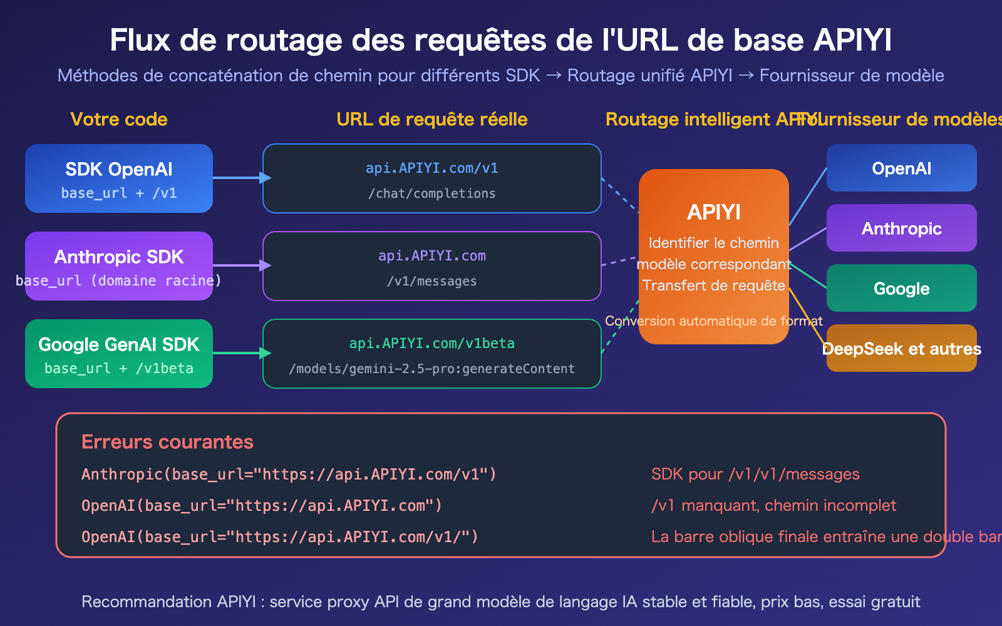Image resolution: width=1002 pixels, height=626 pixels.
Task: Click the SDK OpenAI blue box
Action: point(119,178)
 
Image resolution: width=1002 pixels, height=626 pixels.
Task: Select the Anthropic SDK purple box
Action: point(119,266)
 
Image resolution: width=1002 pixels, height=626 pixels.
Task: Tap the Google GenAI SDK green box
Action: point(119,354)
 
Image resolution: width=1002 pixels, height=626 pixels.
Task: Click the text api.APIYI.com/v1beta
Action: point(432,343)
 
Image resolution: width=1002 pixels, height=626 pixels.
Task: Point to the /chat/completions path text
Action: point(432,193)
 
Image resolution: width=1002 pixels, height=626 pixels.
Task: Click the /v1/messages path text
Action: point(432,281)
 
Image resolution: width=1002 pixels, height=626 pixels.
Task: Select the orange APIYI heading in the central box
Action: point(714,212)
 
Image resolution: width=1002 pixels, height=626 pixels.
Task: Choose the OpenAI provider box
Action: point(901,168)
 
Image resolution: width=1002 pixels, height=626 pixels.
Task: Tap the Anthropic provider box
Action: point(901,228)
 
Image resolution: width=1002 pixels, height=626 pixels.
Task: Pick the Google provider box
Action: point(901,288)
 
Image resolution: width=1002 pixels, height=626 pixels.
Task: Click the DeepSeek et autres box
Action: point(901,348)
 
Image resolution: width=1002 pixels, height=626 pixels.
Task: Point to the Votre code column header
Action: point(119,119)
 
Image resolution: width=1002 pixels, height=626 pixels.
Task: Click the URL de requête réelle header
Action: point(432,119)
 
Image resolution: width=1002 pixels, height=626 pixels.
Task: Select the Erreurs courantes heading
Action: point(167,441)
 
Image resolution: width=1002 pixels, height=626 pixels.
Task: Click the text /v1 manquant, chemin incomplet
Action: point(773,505)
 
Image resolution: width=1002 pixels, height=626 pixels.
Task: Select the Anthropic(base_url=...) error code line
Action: point(289,474)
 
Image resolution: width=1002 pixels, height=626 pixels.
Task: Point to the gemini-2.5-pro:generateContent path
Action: point(432,369)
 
